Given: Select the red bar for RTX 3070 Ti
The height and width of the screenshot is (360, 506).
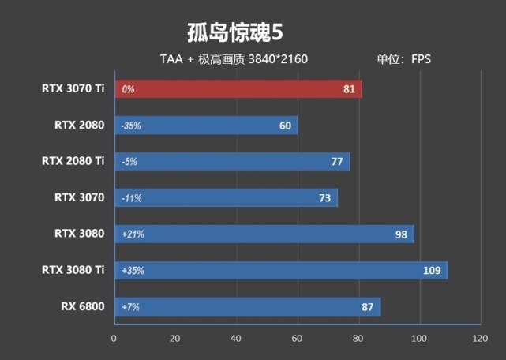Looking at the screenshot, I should (237, 89).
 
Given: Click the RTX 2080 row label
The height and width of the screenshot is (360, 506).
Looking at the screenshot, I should (79, 125).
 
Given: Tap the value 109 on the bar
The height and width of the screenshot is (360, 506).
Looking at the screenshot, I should (430, 270).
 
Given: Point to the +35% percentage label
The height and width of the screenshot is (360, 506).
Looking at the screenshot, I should (133, 270).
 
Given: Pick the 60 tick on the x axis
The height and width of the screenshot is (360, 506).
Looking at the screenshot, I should (297, 339).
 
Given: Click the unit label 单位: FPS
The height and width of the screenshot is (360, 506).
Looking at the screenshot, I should (403, 59).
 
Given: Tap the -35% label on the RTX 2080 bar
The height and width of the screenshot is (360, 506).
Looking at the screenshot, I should (132, 126).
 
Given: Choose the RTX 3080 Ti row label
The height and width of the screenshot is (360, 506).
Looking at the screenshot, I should (73, 270).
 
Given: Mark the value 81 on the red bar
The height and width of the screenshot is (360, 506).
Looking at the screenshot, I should (350, 89).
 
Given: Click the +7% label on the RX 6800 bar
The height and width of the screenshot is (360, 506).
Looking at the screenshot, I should (130, 306).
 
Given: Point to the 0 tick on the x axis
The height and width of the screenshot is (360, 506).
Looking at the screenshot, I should (114, 339).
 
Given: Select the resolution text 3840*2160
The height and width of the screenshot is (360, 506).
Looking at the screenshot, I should (278, 59).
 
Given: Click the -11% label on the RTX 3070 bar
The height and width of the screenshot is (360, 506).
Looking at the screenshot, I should (132, 198).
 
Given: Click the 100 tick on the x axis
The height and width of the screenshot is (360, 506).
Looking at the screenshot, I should (419, 339).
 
